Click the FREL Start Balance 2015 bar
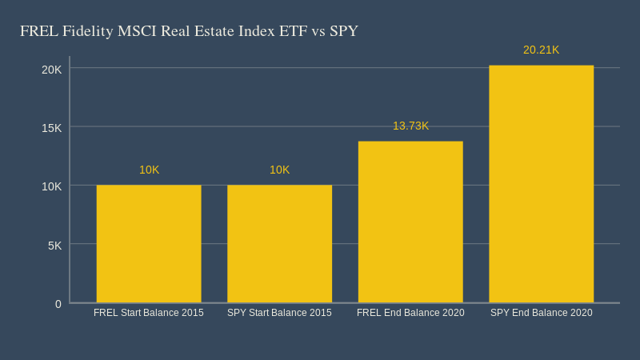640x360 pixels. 149,244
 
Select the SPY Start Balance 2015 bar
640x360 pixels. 279,244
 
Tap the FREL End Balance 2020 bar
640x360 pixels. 410,222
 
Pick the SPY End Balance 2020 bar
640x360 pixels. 541,184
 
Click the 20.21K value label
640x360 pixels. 541,50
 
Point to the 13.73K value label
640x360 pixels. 410,126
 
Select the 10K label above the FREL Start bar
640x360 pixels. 149,170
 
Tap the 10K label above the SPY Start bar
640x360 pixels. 279,170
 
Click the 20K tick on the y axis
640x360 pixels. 52,69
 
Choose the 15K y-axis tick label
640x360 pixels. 52,127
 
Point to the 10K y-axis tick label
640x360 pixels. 52,186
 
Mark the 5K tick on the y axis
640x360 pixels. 54,245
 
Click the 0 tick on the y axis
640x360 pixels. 58,303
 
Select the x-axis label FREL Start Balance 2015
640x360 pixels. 149,313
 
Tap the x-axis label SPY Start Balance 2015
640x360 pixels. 279,313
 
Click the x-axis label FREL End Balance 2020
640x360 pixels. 410,313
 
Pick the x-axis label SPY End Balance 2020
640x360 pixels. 541,313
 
